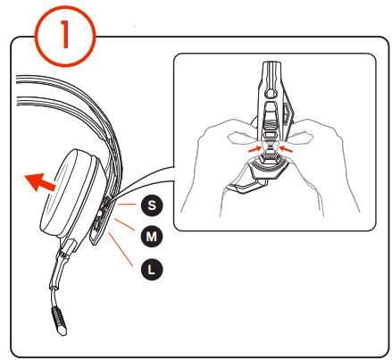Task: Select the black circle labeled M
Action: pyautogui.click(x=150, y=236)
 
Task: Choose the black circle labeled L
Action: pyautogui.click(x=150, y=267)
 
